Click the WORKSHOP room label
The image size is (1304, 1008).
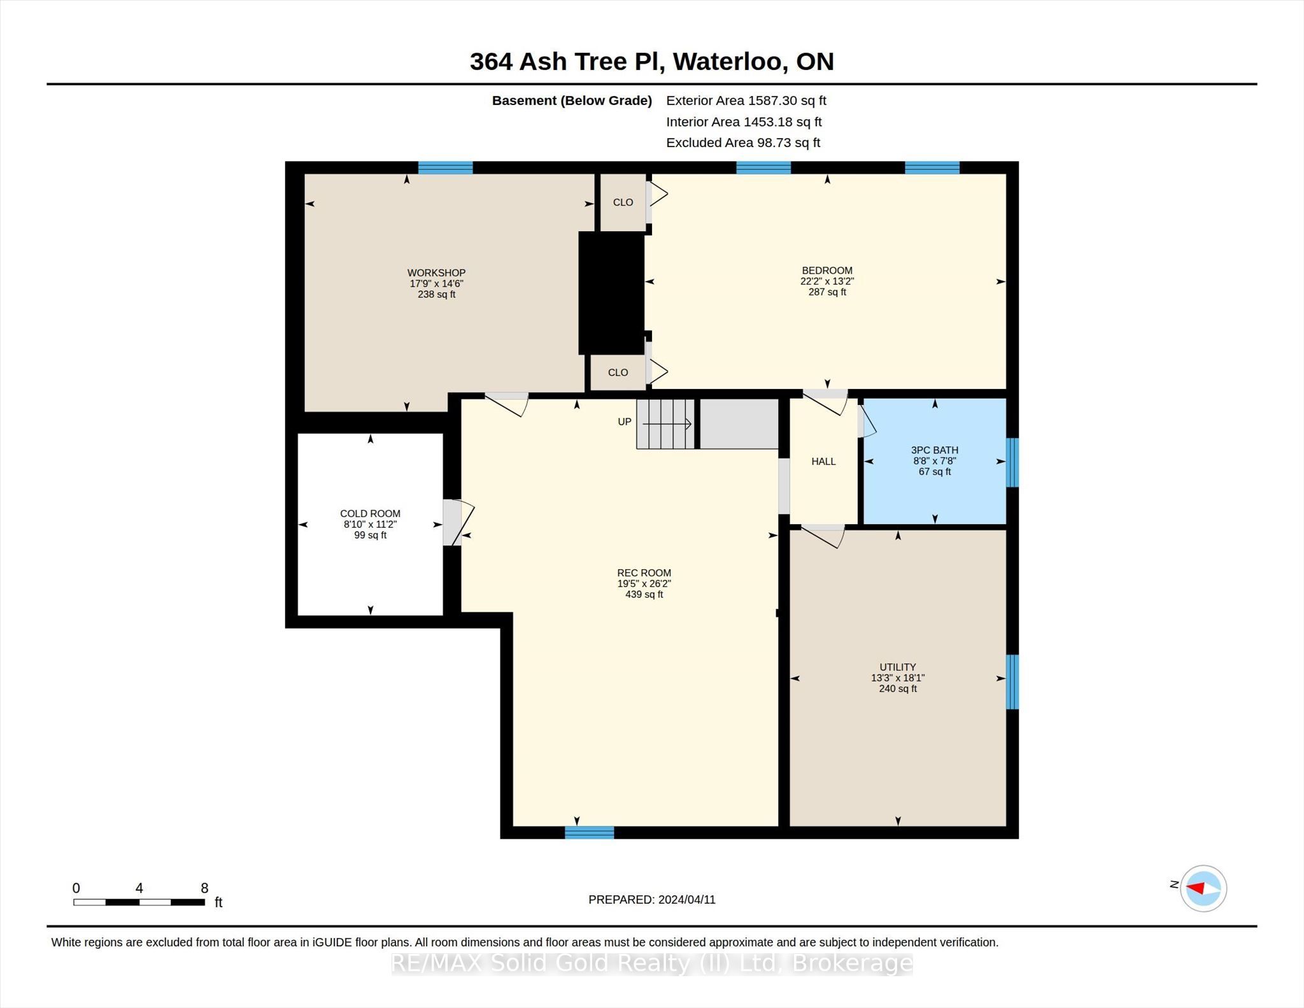436,273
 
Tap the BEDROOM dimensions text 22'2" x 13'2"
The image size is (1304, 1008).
827,281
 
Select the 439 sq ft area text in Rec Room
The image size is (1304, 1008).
644,594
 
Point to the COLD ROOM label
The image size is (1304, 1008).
370,513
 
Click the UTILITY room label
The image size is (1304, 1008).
898,667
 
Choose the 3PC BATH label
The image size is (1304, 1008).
935,450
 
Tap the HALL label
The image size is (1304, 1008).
823,461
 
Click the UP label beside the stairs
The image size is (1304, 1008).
625,422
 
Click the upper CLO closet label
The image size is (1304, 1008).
623,202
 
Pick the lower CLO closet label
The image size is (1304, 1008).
618,373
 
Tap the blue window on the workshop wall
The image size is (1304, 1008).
445,167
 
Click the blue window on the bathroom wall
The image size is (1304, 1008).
1012,462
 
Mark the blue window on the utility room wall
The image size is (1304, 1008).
1012,682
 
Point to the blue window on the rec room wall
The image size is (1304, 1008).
589,832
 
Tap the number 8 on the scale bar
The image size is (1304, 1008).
204,888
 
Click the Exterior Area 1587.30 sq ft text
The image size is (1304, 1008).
746,101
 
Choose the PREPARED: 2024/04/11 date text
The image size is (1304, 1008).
652,900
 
